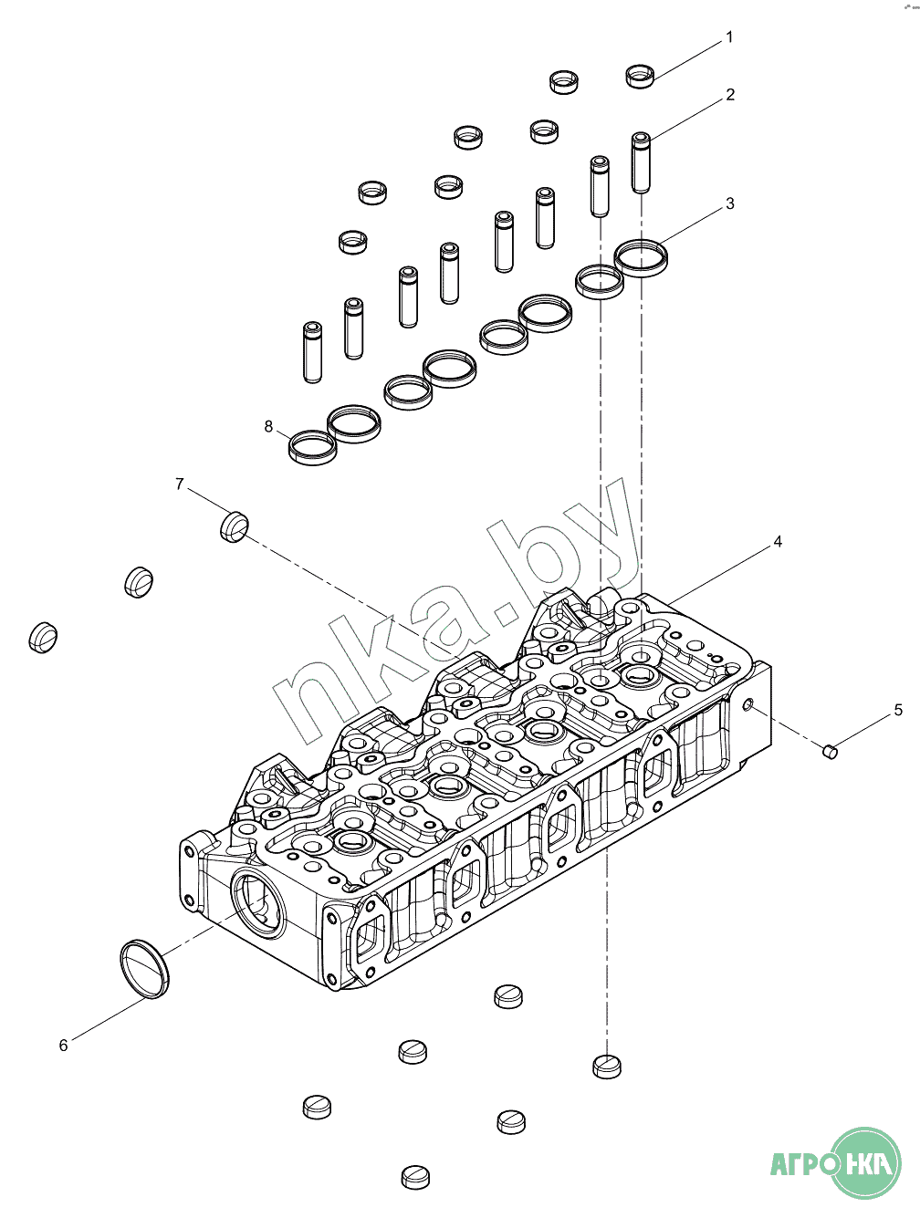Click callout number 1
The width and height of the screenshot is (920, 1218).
728,37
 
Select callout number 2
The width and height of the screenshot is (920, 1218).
730,95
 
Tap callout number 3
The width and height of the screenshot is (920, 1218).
730,203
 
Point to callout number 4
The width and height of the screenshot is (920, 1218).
778,542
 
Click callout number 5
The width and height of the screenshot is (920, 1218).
898,710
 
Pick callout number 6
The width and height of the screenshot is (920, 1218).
63,1046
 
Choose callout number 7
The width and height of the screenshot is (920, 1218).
180,484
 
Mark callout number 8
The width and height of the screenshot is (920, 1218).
268,426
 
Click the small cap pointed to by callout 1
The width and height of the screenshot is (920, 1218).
641,76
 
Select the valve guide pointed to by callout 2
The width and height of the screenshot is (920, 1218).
642,161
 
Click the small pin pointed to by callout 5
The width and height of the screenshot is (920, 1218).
831,751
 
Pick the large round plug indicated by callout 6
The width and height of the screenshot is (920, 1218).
146,967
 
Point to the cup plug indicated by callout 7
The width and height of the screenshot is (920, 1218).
235,526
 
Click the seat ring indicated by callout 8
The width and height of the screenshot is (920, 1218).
312,446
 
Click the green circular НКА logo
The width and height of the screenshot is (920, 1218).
866,1162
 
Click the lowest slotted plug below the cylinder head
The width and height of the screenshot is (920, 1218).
415,1176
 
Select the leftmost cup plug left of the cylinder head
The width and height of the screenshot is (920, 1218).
43,636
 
